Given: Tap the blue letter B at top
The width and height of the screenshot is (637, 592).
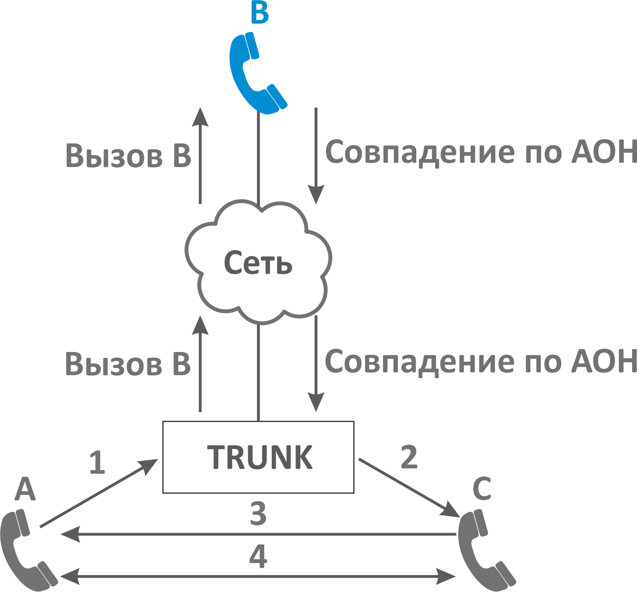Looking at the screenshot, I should coord(260,14).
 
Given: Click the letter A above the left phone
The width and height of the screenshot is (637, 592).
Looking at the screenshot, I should coord(25,489).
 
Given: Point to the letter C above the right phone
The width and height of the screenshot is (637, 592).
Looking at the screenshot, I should coord(481,489).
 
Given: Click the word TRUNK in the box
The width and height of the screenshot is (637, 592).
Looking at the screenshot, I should coord(260,457).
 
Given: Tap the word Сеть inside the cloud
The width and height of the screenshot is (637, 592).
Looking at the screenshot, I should coord(258,264).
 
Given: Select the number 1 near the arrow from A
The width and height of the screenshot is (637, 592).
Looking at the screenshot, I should coord(97,462).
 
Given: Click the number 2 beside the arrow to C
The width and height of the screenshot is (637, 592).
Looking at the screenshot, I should coord(409,457).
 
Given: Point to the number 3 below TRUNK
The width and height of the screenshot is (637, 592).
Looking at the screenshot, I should coord(258,514).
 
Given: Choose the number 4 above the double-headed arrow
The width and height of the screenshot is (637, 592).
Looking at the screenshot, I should coord(258,556).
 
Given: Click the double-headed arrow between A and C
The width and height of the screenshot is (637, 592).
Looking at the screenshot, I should coord(258,576).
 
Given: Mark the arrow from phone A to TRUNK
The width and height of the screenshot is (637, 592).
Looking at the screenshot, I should coord(99,493).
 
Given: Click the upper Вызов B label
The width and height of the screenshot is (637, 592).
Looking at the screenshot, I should coord(128,156).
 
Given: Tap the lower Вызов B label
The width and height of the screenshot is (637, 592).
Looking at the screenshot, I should coord(128,364).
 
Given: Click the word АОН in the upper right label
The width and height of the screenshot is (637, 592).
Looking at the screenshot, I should coord(604,152).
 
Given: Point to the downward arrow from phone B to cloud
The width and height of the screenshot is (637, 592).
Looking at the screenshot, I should coord(316,155).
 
